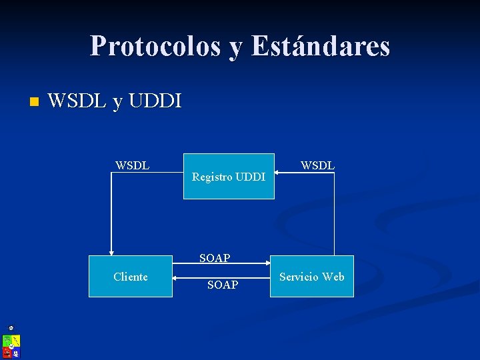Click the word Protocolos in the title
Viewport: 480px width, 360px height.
(x=156, y=46)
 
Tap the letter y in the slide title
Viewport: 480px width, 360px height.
(x=237, y=48)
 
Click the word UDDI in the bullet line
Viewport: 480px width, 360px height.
(x=155, y=101)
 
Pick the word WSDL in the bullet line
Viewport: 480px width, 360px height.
(x=77, y=101)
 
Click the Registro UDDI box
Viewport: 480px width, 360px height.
(x=229, y=176)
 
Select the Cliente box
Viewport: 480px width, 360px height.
(x=131, y=276)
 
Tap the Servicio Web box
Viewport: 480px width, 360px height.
(x=311, y=276)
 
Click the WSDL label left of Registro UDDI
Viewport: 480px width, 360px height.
(x=132, y=165)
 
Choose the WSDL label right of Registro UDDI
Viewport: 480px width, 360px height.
(x=317, y=165)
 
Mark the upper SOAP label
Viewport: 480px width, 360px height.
(x=215, y=258)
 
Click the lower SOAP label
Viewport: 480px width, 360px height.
(x=223, y=285)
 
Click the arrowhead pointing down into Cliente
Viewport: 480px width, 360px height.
(x=111, y=251)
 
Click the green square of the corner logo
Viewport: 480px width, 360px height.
(x=7, y=340)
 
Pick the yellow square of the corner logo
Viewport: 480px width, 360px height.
(x=16, y=341)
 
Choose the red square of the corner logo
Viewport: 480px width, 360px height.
(x=7, y=351)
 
